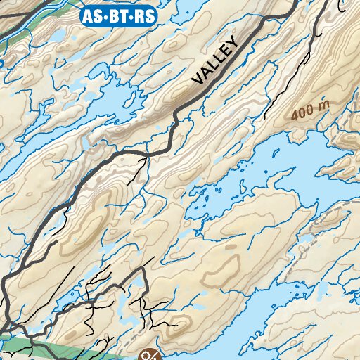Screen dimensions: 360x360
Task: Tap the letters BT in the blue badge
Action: coord(117,15)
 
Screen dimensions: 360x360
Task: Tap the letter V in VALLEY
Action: coord(198,80)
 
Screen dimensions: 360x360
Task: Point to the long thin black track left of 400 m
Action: coord(288,77)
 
